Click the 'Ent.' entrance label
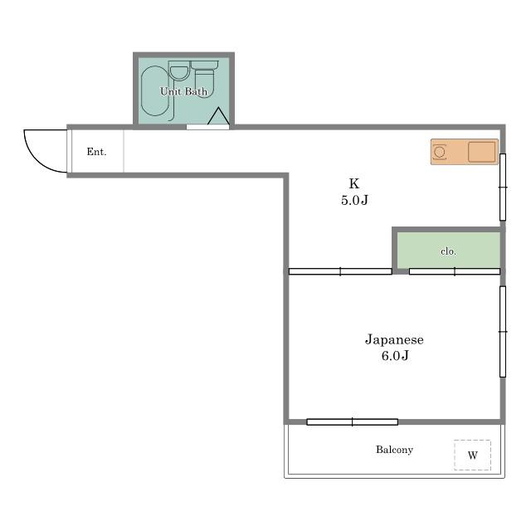pos(96,152)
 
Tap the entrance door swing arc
pos(33,158)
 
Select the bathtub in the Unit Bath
pos(154,91)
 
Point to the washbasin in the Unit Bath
pos(179,72)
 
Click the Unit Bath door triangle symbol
pos(218,116)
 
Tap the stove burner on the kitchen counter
pos(440,152)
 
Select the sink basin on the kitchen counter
pos(481,152)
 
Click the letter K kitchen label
pos(354,183)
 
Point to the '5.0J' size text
pos(354,200)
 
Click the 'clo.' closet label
pos(448,251)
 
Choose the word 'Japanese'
pos(394,339)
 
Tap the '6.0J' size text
pos(395,356)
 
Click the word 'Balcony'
pos(395,450)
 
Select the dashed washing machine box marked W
pos(472,455)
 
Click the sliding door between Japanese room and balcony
pos(352,422)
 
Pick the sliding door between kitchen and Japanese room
pos(340,271)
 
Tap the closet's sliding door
pos(455,271)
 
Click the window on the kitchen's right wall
pos(503,187)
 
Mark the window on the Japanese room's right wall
pos(503,332)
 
